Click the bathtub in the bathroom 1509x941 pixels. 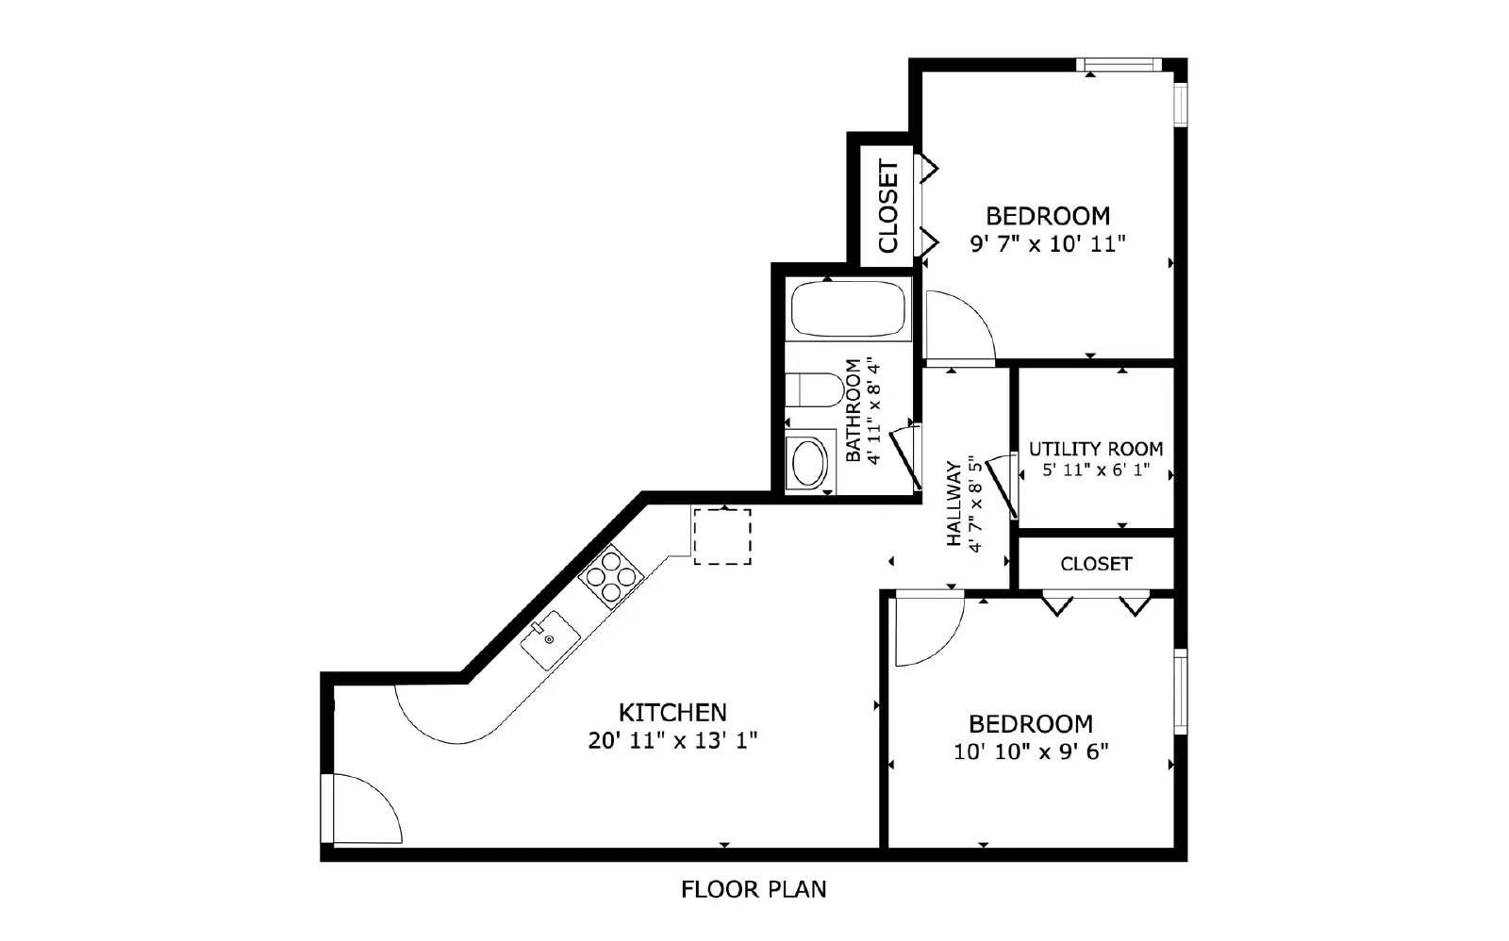pyautogui.click(x=848, y=309)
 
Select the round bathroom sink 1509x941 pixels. pyautogui.click(x=809, y=462)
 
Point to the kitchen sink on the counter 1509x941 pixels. pyautogui.click(x=551, y=638)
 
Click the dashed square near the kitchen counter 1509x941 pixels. pyautogui.click(x=722, y=537)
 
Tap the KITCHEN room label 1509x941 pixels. pyautogui.click(x=672, y=712)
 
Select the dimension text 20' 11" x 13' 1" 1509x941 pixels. pyautogui.click(x=672, y=740)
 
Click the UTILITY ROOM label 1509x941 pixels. pyautogui.click(x=1096, y=449)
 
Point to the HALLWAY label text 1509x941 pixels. pyautogui.click(x=953, y=504)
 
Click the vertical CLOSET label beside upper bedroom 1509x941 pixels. pyautogui.click(x=887, y=206)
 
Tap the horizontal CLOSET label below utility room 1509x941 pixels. pyautogui.click(x=1096, y=564)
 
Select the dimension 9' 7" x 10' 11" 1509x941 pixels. pyautogui.click(x=1048, y=244)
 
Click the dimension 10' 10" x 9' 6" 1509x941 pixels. pyautogui.click(x=1031, y=751)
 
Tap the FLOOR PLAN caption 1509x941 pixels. pyautogui.click(x=754, y=889)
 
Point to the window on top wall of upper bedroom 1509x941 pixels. pyautogui.click(x=1119, y=64)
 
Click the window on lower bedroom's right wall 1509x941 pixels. pyautogui.click(x=1180, y=689)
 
